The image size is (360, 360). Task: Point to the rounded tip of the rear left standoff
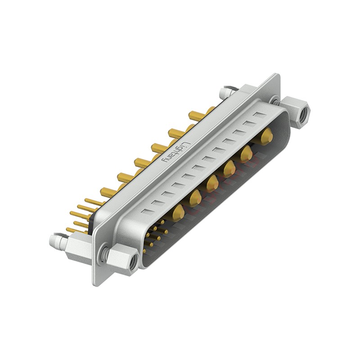(x=53, y=241)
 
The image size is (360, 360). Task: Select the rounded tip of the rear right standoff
(x=222, y=93)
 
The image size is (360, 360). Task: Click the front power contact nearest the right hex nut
(x=267, y=135)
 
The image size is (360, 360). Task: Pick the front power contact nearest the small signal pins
(x=178, y=211)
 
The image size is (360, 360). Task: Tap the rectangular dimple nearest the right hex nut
(x=258, y=115)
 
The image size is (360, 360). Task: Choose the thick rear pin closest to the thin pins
(x=108, y=193)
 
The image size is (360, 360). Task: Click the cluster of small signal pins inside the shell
(x=155, y=234)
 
